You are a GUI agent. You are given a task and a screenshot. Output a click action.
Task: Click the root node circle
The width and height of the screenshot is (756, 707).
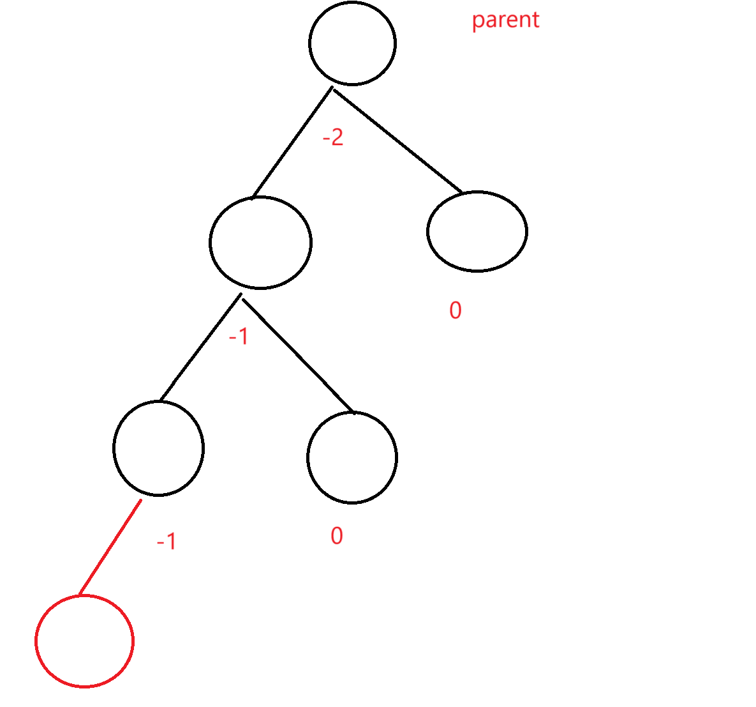click(352, 43)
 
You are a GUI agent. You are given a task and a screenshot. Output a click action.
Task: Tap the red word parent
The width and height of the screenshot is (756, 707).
click(505, 20)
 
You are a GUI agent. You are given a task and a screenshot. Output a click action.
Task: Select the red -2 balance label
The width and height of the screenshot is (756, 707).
click(333, 137)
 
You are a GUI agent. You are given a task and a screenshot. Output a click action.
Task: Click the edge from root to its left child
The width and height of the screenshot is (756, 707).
click(292, 142)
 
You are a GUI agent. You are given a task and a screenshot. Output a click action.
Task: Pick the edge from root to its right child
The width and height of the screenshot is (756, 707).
click(397, 140)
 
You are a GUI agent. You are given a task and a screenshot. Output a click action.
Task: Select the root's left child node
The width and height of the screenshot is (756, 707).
click(260, 243)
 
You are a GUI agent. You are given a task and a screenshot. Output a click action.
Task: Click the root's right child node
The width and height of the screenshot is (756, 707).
click(477, 231)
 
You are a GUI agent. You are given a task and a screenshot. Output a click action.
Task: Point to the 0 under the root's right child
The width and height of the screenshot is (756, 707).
click(456, 310)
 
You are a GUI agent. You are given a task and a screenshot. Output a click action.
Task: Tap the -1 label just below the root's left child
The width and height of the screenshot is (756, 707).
click(239, 337)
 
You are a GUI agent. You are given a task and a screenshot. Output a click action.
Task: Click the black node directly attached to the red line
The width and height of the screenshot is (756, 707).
click(158, 448)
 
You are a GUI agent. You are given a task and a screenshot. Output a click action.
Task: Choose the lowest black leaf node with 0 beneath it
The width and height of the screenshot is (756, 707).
click(352, 457)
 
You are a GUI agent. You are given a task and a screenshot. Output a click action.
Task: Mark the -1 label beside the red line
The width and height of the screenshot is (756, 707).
click(167, 542)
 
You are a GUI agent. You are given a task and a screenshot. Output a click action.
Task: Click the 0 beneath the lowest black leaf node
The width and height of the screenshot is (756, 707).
click(337, 536)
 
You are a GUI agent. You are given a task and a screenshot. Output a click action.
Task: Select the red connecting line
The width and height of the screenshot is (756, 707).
click(110, 547)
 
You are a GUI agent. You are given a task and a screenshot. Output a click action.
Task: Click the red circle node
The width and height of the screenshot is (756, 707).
click(84, 641)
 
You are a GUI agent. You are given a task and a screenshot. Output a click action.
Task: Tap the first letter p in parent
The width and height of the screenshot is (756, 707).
click(477, 22)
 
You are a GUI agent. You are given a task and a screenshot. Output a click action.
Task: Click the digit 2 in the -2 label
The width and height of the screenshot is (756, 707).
click(337, 137)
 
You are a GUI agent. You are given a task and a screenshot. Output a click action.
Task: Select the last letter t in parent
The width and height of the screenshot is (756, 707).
click(535, 20)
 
